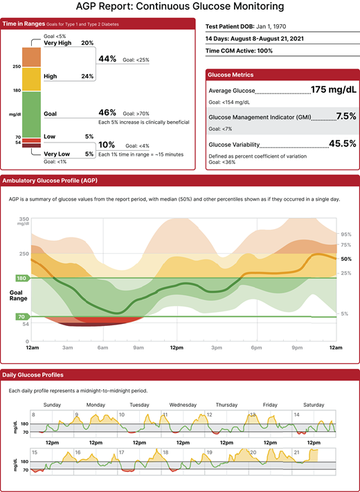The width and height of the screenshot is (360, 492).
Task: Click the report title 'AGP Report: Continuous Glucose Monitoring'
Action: (x=179, y=7)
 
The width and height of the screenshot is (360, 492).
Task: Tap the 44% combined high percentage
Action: (x=107, y=59)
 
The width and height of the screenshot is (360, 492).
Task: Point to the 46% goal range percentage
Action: (x=107, y=112)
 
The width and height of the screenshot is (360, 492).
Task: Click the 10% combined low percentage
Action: (x=107, y=145)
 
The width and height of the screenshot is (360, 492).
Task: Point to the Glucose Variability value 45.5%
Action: (x=342, y=143)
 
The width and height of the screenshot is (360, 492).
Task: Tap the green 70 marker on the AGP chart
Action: (x=21, y=316)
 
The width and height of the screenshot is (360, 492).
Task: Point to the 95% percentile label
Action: (x=346, y=234)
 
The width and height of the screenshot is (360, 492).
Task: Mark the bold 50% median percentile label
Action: (x=346, y=258)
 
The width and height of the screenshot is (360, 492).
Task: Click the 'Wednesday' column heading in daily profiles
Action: (x=183, y=404)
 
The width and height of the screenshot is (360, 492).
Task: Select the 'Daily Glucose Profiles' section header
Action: (x=33, y=374)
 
